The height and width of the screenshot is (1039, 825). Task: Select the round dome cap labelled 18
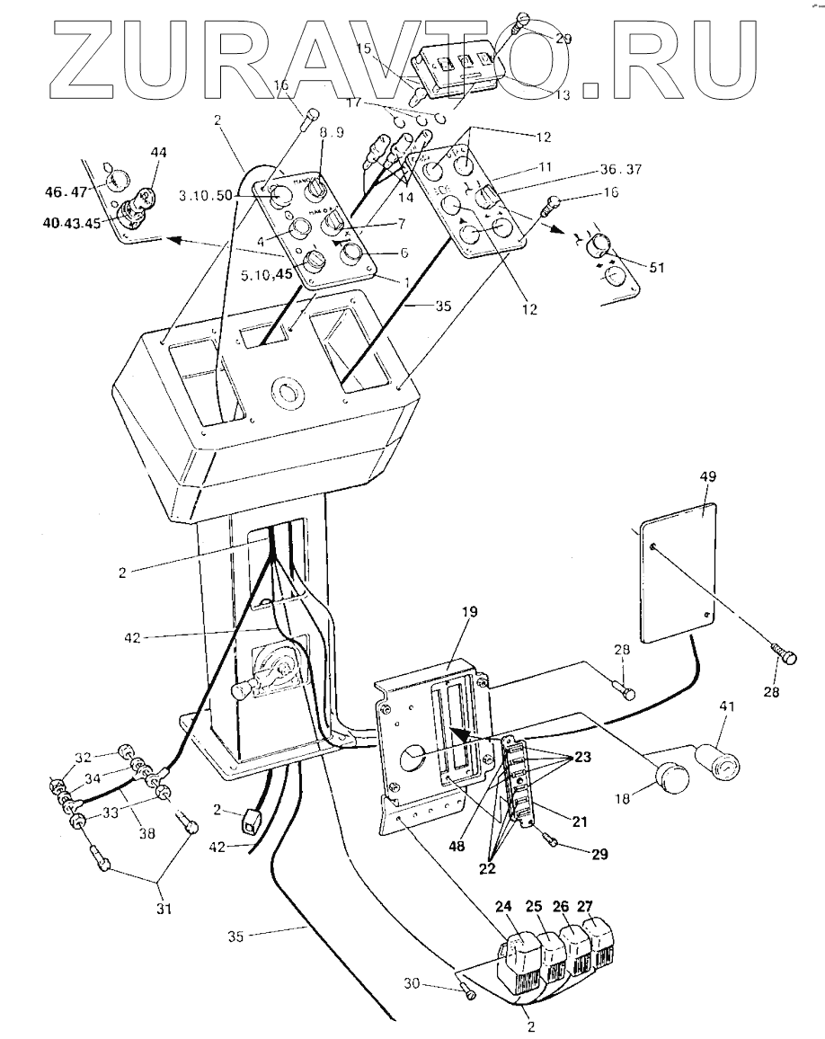pyautogui.click(x=670, y=774)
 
